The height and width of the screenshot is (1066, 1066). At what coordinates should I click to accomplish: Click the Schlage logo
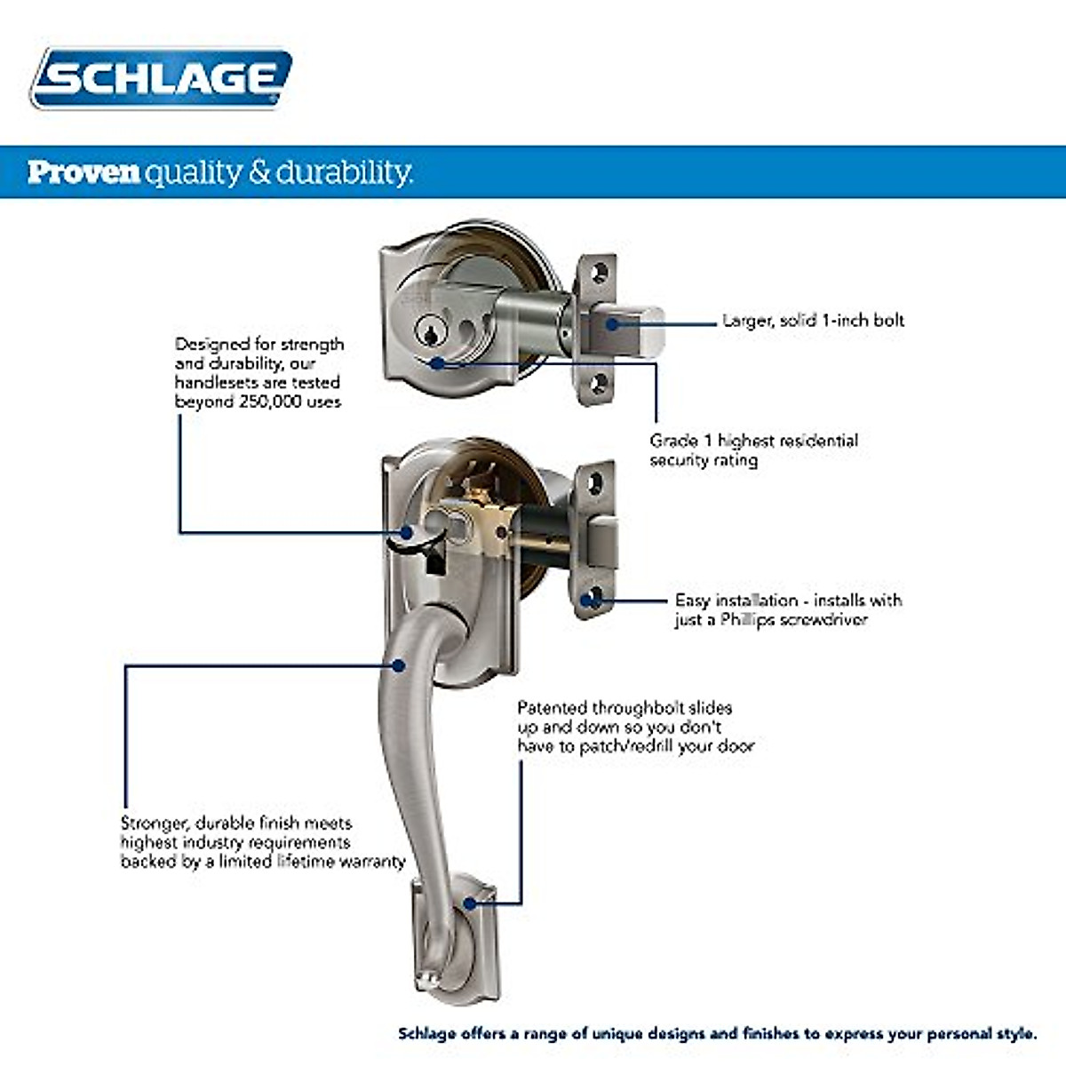pyautogui.click(x=161, y=78)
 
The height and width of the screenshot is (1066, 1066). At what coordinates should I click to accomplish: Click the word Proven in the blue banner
pyautogui.click(x=84, y=171)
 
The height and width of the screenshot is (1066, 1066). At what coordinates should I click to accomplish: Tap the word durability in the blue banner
pyautogui.click(x=344, y=171)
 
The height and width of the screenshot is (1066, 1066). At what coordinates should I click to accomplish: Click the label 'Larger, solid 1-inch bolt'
pyautogui.click(x=812, y=321)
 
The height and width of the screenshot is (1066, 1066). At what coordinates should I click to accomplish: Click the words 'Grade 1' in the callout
pyautogui.click(x=681, y=441)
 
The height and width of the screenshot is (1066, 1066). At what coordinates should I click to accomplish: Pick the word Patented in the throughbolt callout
pyautogui.click(x=552, y=708)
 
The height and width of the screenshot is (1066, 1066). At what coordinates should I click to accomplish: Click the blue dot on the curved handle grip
pyautogui.click(x=400, y=664)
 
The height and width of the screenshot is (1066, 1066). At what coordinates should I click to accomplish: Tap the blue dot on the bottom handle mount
pyautogui.click(x=470, y=904)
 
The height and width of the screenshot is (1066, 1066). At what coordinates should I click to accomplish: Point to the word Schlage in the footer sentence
pyautogui.click(x=426, y=1033)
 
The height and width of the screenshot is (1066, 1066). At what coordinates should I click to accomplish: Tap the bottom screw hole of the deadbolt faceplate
pyautogui.click(x=601, y=383)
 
